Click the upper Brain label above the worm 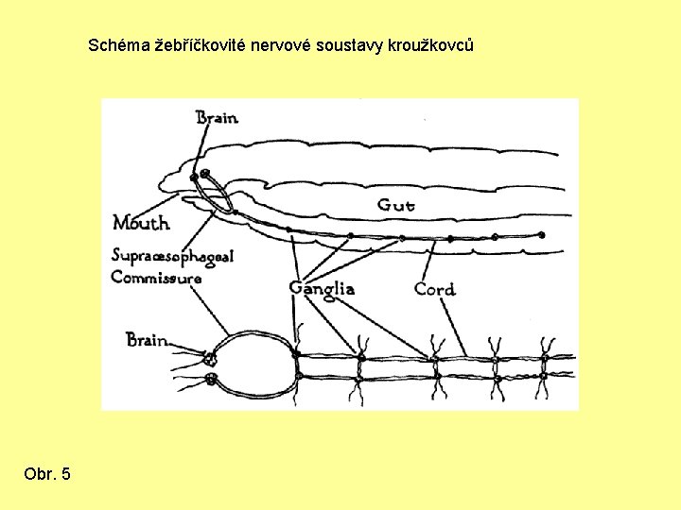click(x=217, y=118)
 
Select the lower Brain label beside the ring click(x=148, y=340)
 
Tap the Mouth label click(x=141, y=223)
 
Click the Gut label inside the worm click(x=395, y=204)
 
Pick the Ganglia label click(x=322, y=288)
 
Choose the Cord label click(x=434, y=288)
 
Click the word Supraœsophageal click(x=172, y=256)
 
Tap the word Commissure click(x=156, y=278)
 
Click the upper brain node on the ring click(x=210, y=357)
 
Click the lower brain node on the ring click(x=210, y=380)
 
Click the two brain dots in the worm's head click(x=200, y=175)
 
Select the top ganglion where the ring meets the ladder click(x=296, y=354)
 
